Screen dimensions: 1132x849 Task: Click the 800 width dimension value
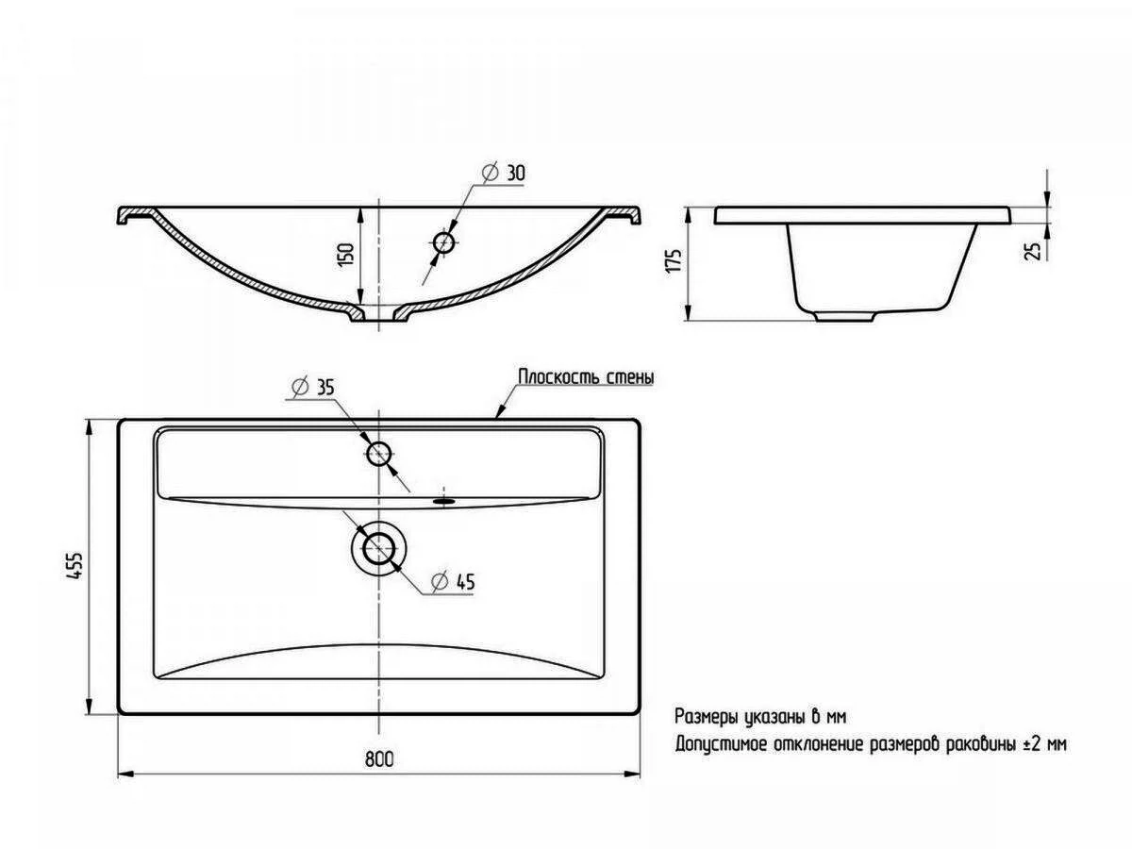379,758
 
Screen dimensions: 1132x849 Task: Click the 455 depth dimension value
75,566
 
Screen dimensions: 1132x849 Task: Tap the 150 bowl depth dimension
346,254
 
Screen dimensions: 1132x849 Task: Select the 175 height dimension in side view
674,261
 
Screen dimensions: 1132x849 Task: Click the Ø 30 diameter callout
504,173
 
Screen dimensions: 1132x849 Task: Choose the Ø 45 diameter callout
453,581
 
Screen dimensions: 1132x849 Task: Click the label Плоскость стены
587,377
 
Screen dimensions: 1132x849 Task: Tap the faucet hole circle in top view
379,454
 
